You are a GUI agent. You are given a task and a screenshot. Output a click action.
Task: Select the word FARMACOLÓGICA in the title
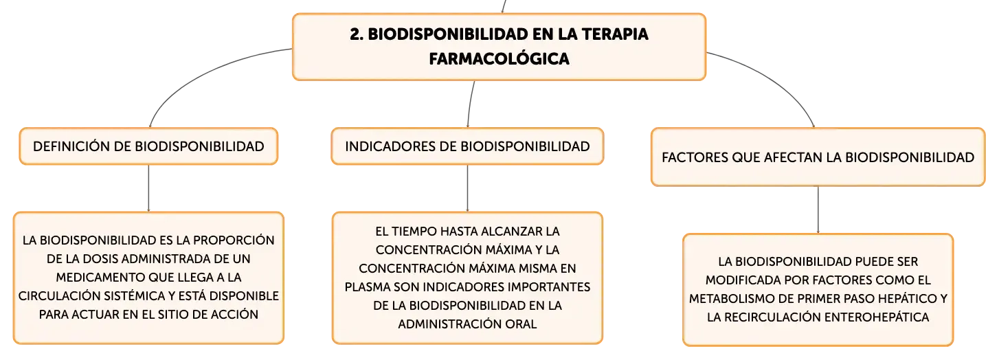click(x=499, y=58)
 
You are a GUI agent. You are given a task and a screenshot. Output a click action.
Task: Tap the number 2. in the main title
click(x=357, y=34)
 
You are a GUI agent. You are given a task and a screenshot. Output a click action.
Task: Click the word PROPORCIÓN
click(x=234, y=240)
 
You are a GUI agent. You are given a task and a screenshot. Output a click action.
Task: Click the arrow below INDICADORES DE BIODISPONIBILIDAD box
click(x=467, y=188)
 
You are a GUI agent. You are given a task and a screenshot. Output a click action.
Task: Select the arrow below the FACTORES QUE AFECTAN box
click(x=818, y=210)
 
